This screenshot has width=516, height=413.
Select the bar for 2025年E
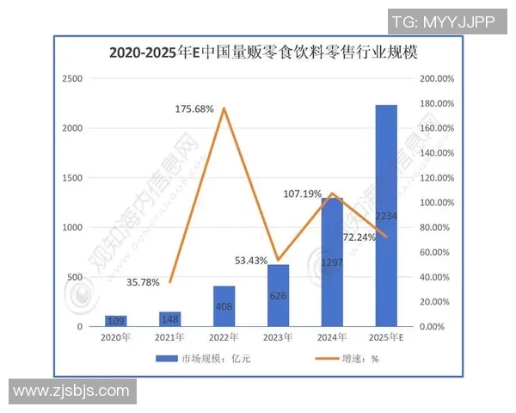point(386,215)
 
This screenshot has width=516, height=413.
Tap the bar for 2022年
point(224,306)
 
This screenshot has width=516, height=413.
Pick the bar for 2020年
point(115,321)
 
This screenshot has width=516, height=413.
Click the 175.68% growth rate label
point(194,109)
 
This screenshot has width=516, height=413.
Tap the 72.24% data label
point(359,237)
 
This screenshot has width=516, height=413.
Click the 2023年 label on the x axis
point(278,337)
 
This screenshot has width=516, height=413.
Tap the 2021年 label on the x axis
point(169,337)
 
